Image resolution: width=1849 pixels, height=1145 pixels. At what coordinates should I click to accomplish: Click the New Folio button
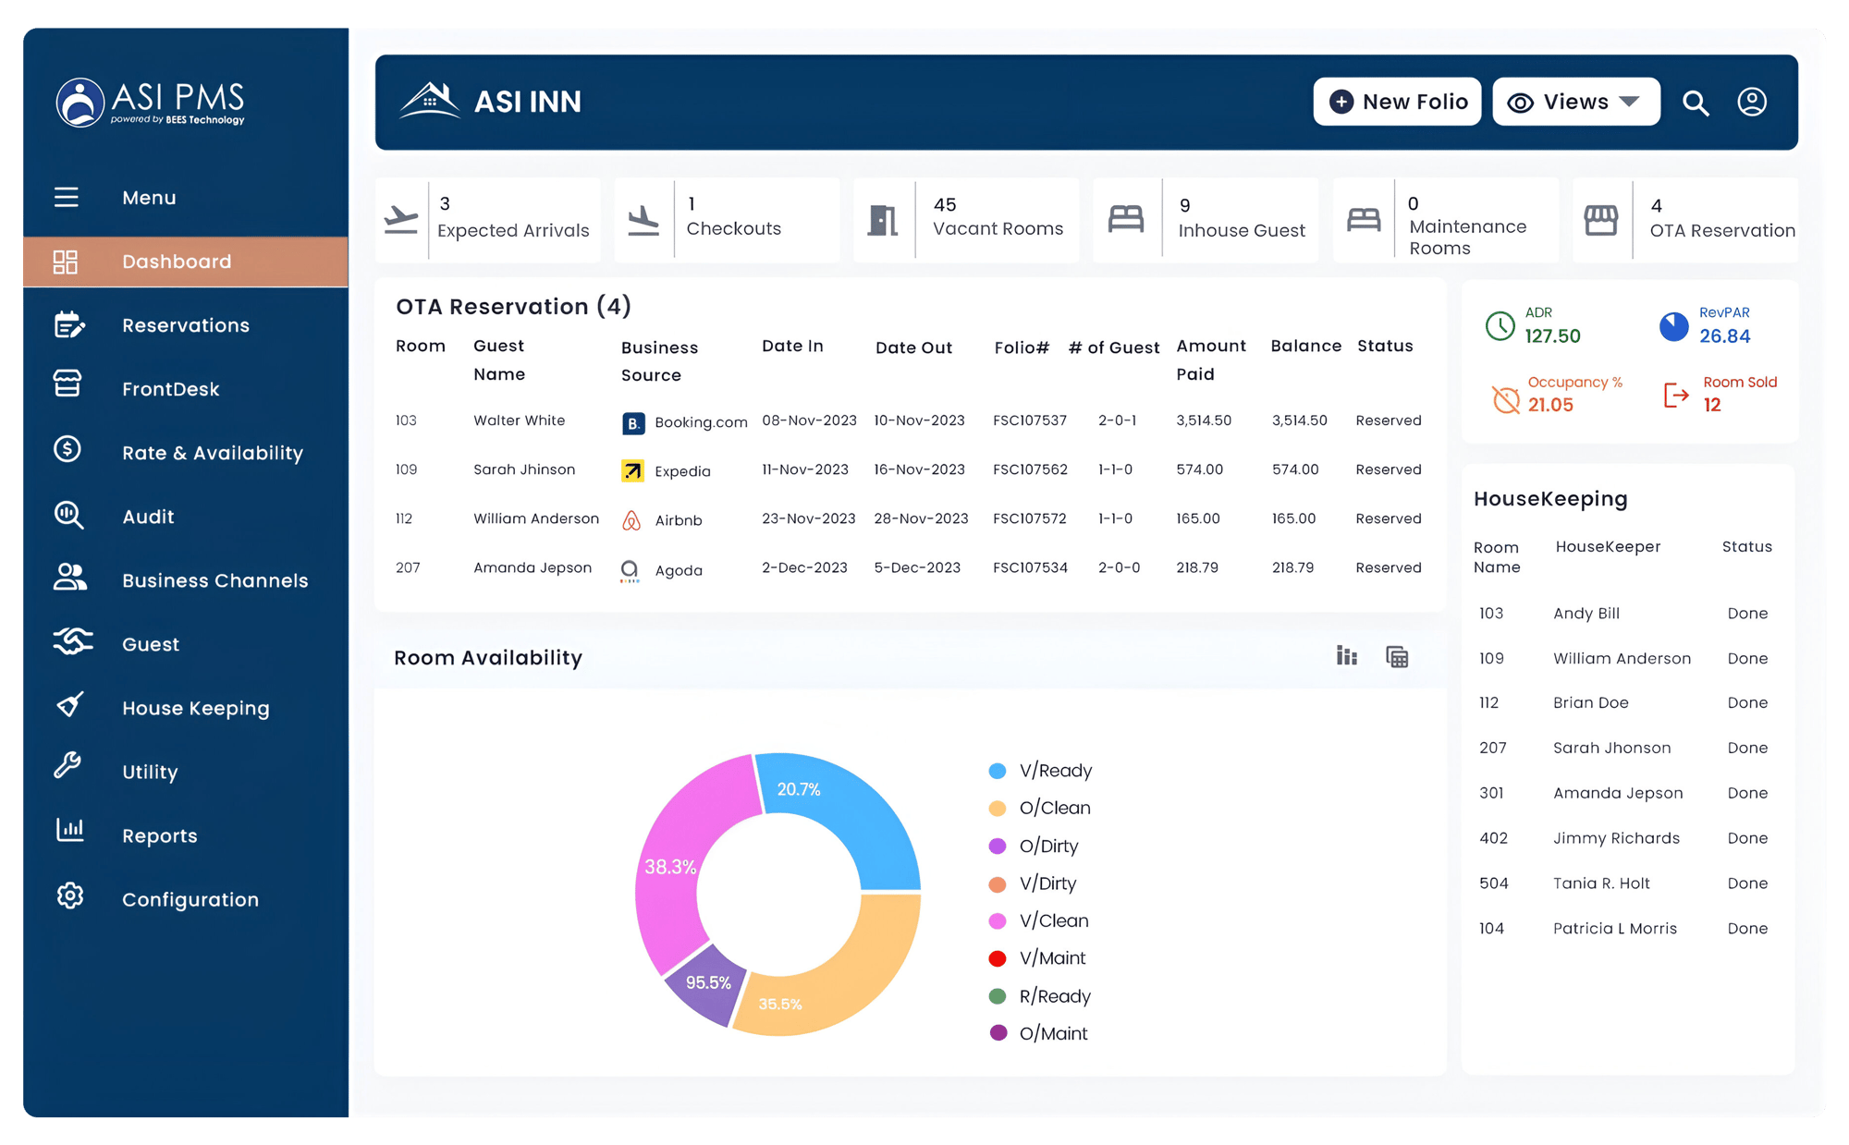pyautogui.click(x=1397, y=102)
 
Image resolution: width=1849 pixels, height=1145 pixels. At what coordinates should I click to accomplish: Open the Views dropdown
pyautogui.click(x=1575, y=102)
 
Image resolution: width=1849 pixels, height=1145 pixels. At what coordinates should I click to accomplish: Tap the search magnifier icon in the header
pyautogui.click(x=1695, y=103)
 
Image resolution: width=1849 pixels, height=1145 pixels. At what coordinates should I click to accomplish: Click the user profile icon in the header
pyautogui.click(x=1751, y=102)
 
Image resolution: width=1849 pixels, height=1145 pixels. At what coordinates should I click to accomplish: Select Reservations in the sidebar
pyautogui.click(x=185, y=325)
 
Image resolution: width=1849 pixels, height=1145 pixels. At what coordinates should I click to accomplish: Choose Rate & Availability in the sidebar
pyautogui.click(x=212, y=453)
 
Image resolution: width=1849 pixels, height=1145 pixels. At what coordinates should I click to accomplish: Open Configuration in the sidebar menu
pyautogui.click(x=190, y=899)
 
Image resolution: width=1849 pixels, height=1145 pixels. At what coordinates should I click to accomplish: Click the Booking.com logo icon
pyautogui.click(x=632, y=423)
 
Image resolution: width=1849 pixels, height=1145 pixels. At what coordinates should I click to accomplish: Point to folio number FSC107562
pyautogui.click(x=1030, y=469)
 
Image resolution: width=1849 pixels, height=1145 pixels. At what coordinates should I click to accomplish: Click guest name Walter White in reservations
pyautogui.click(x=519, y=420)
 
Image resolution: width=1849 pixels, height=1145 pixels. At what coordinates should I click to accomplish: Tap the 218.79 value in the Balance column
pyautogui.click(x=1292, y=567)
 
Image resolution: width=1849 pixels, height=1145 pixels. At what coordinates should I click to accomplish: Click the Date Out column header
pyautogui.click(x=913, y=347)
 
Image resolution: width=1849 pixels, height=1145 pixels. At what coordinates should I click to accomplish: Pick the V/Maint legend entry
pyautogui.click(x=1052, y=958)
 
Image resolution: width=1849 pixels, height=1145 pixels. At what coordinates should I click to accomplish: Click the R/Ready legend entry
pyautogui.click(x=1054, y=996)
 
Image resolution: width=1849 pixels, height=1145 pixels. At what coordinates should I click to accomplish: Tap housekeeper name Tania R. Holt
pyautogui.click(x=1601, y=883)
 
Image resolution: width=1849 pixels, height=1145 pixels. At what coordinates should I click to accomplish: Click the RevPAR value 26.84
pyautogui.click(x=1724, y=336)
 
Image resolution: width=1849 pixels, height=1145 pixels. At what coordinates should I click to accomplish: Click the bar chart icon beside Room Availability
pyautogui.click(x=1347, y=656)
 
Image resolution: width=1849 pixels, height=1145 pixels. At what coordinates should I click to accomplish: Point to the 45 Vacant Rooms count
pyautogui.click(x=945, y=205)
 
